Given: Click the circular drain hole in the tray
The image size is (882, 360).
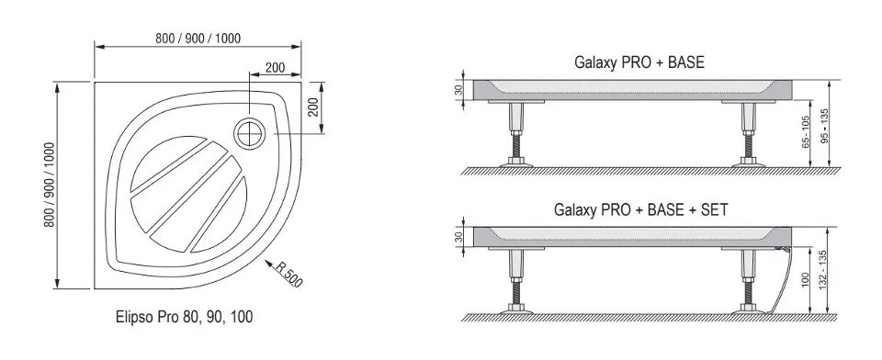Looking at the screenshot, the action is click(x=248, y=133).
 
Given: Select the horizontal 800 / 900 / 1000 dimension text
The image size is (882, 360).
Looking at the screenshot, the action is click(x=198, y=39).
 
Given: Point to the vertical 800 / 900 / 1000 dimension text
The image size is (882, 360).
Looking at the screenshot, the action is click(x=51, y=185).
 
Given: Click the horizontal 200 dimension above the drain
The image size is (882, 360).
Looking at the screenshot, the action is click(x=275, y=68).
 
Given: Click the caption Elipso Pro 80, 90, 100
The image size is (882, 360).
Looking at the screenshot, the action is click(x=184, y=317).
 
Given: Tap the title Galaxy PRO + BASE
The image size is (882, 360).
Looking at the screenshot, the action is click(x=639, y=62).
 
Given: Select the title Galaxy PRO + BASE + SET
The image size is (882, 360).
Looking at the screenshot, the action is click(x=640, y=209).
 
